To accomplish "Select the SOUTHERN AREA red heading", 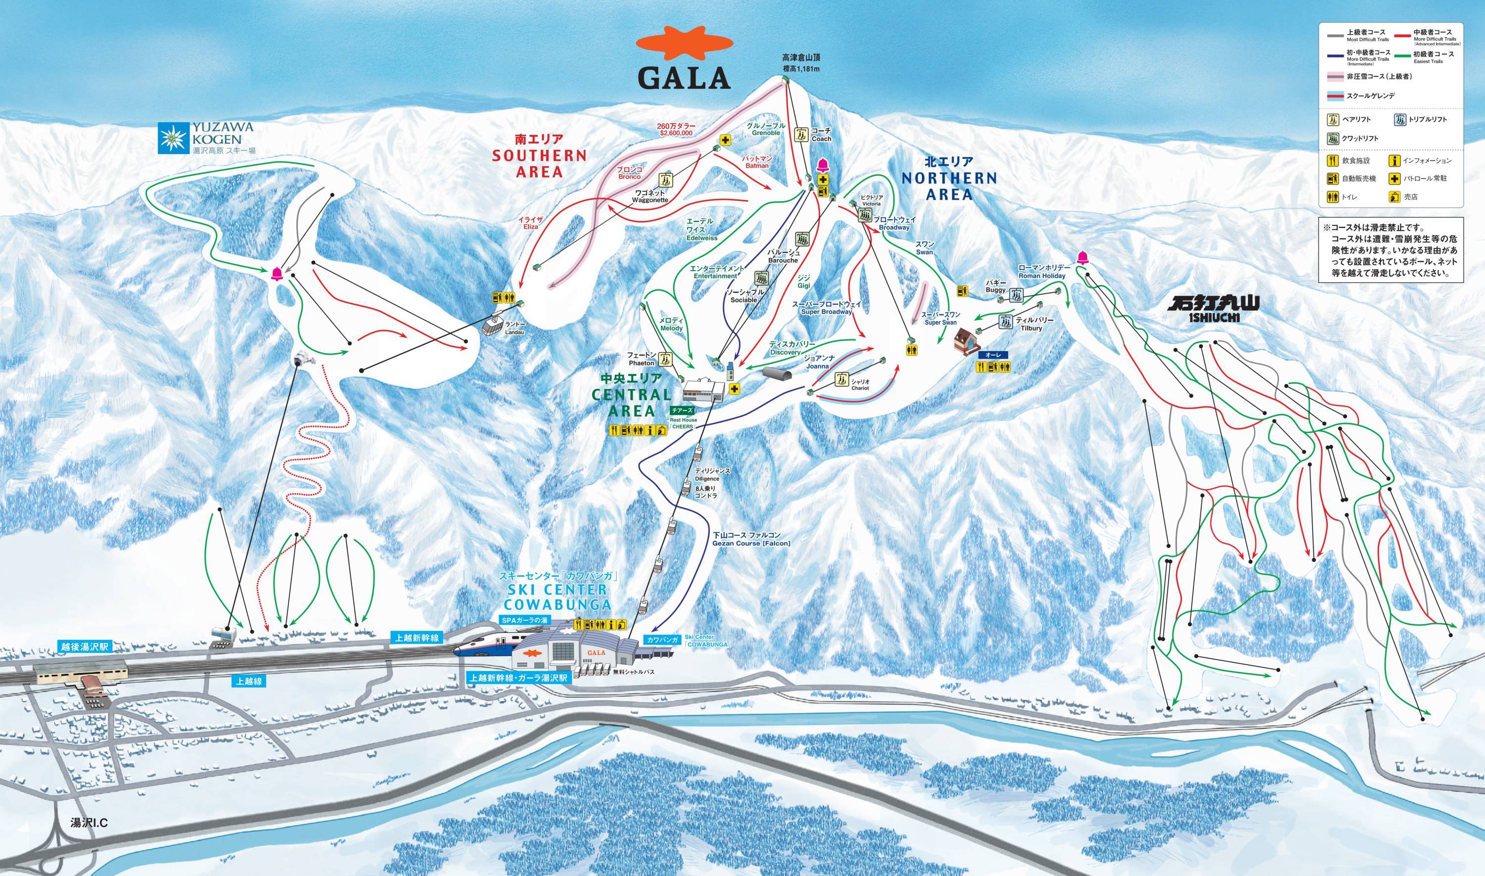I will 539,156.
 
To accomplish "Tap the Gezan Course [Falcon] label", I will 751,539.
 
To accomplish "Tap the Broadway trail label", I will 894,223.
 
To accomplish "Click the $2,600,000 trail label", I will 676,130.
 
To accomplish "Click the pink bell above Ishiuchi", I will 1082,257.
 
